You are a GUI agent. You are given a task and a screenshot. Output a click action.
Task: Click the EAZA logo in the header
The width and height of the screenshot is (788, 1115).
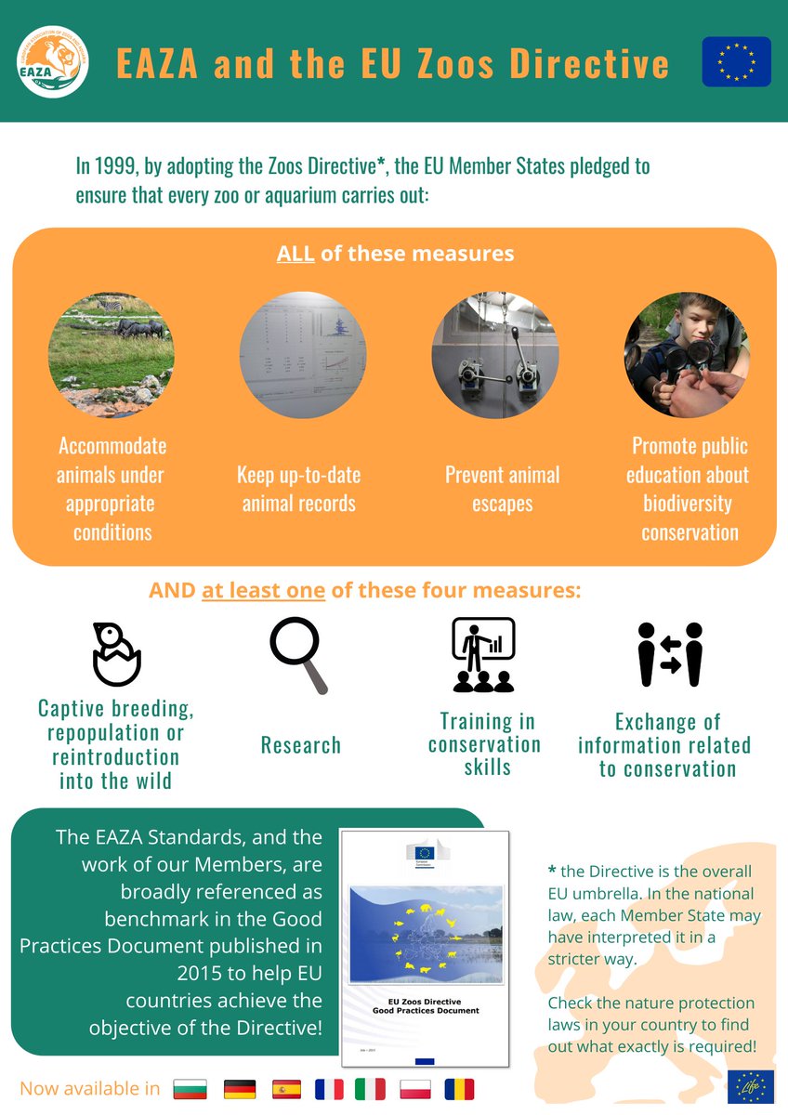pyautogui.click(x=54, y=61)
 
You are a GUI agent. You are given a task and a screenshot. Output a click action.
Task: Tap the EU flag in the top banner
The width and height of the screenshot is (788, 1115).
pyautogui.click(x=736, y=61)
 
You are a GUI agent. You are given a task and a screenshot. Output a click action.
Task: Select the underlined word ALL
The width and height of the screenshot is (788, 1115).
pyautogui.click(x=296, y=253)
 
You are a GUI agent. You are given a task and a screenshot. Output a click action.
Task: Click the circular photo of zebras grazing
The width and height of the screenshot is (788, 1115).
pyautogui.click(x=111, y=354)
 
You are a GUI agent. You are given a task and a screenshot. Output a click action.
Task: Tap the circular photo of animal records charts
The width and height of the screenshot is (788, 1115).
pyautogui.click(x=302, y=354)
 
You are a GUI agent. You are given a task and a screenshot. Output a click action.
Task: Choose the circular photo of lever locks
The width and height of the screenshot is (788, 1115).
pyautogui.click(x=494, y=354)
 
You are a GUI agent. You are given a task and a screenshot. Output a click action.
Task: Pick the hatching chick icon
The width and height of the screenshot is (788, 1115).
pyautogui.click(x=115, y=653)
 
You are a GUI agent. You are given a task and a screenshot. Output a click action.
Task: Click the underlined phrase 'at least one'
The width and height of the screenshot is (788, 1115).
pyautogui.click(x=263, y=591)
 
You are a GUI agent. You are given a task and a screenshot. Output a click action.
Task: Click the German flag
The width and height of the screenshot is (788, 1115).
pyautogui.click(x=240, y=1089)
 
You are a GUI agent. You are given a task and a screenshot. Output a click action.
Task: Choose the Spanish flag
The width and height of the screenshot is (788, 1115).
pyautogui.click(x=285, y=1089)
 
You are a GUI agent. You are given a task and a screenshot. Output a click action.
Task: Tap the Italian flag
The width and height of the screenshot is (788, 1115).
pyautogui.click(x=371, y=1089)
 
